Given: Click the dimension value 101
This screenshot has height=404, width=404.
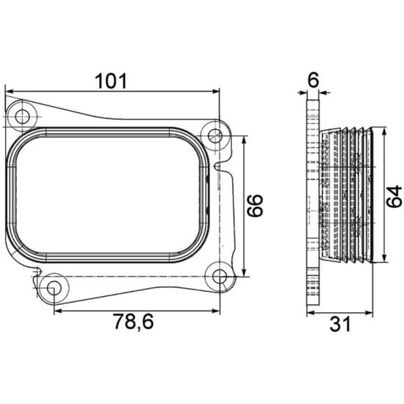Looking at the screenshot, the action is (x=111, y=81).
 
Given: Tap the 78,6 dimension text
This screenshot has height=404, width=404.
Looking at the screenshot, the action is (x=134, y=321).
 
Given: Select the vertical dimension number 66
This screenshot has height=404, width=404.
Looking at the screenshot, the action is (x=255, y=206).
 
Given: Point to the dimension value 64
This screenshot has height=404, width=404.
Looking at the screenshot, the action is (x=394, y=196).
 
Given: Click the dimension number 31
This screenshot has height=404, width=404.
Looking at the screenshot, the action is (x=340, y=324).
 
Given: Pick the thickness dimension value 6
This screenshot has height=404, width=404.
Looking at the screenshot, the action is (x=314, y=79).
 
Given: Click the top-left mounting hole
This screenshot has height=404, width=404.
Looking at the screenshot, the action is (x=23, y=117).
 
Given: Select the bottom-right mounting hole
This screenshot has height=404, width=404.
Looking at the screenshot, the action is (x=220, y=276).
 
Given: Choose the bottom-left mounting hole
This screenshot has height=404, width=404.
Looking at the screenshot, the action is (x=54, y=288).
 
